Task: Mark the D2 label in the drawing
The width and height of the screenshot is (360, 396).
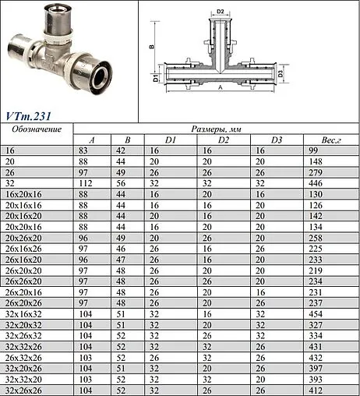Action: (x=221, y=12)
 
